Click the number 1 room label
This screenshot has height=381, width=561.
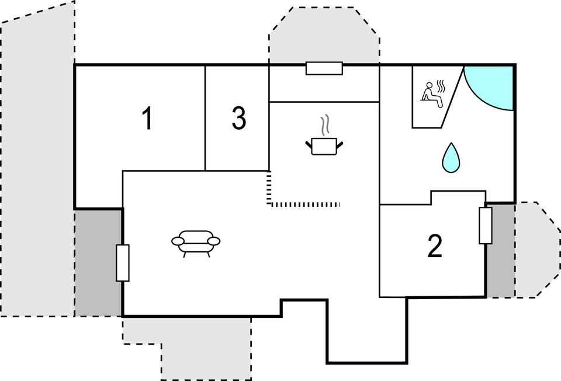(x=147, y=119)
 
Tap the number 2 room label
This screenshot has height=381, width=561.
(x=434, y=247)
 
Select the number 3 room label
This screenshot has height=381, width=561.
(x=238, y=119)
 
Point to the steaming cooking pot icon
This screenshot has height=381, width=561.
(x=324, y=146)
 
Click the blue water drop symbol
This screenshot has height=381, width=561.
(x=450, y=158)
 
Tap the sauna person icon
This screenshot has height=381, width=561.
(x=433, y=93)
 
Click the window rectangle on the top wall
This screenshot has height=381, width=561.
(x=324, y=68)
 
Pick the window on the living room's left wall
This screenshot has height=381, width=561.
(x=122, y=263)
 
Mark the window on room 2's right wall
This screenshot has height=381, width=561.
(x=485, y=226)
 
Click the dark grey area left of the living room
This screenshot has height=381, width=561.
(x=98, y=263)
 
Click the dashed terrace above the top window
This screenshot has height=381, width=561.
(x=324, y=35)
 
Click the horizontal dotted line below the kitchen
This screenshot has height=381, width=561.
(x=305, y=204)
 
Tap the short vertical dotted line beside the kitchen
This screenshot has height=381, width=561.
(x=269, y=187)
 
